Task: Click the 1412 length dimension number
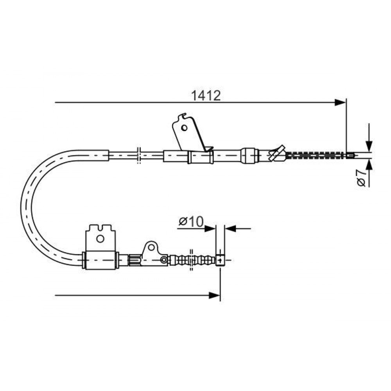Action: tap(206, 96)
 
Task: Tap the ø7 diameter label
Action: tap(361, 178)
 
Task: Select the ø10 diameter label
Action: tap(191, 221)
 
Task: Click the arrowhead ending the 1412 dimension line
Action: tap(341, 102)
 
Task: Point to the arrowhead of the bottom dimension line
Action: tap(214, 296)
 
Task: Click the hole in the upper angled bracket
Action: tap(184, 128)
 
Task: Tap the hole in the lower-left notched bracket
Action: tap(100, 239)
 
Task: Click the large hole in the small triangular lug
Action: tap(151, 247)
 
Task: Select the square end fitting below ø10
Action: tap(220, 260)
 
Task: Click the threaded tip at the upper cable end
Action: tap(351, 155)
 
